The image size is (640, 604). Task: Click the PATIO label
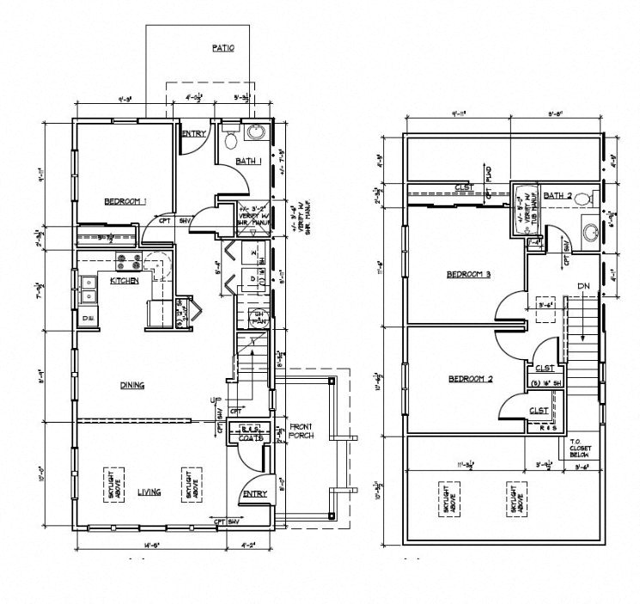point(223,49)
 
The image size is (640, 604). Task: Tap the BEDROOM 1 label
point(125,201)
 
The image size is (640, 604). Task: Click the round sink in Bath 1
point(255,133)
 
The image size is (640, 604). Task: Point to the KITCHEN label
point(125,280)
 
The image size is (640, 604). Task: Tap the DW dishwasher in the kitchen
point(88,318)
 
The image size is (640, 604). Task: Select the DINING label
point(131,386)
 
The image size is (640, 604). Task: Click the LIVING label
point(149,492)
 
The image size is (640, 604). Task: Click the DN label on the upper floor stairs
point(583,286)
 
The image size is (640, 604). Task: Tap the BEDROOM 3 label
point(467,275)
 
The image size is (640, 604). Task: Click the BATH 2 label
point(558,196)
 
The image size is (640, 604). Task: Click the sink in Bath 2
point(590,231)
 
